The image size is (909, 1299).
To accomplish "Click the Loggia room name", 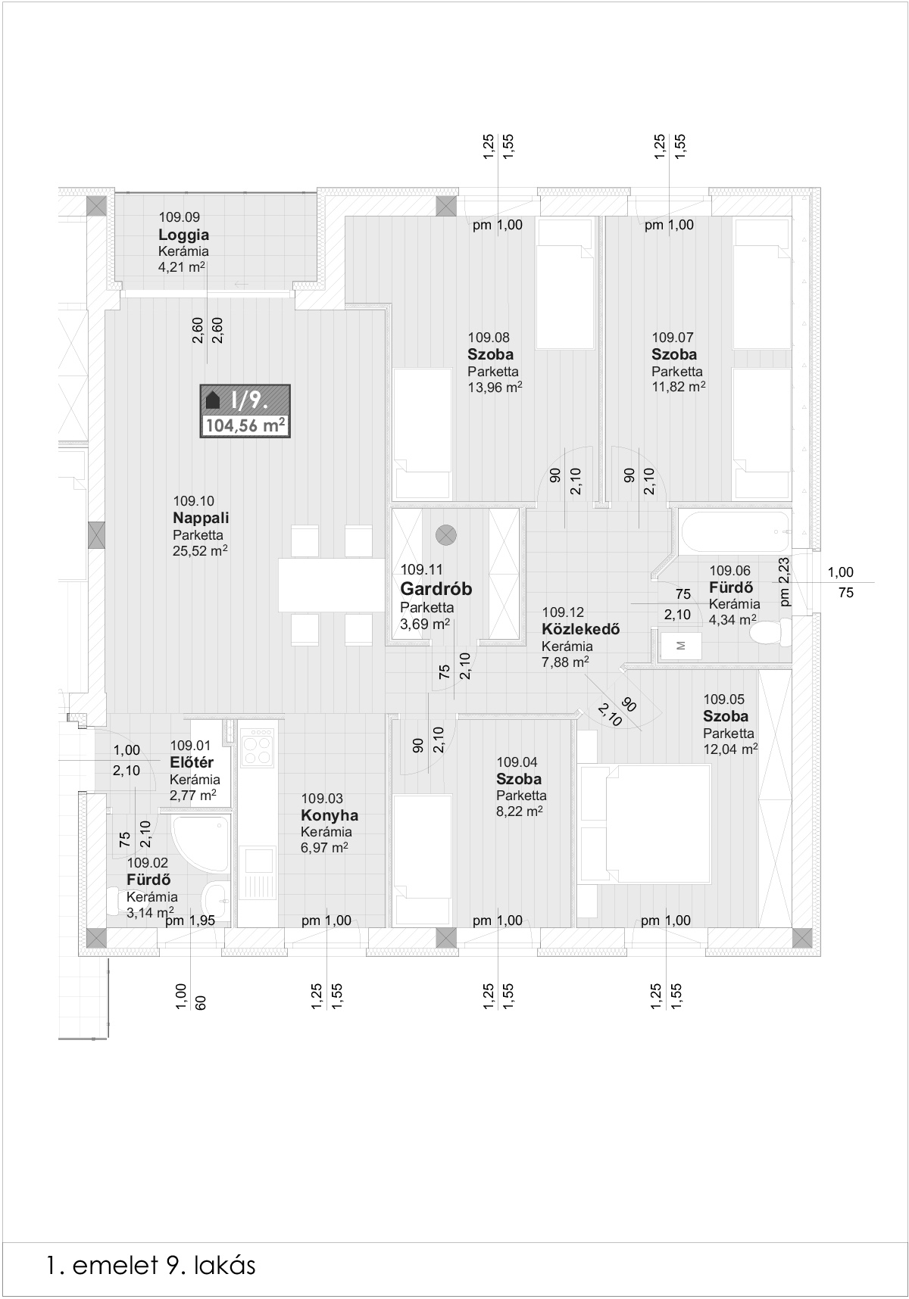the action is (183, 235).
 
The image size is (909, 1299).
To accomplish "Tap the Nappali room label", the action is (201, 519).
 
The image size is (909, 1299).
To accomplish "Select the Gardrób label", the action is (436, 589).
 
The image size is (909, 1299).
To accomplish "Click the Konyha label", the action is (330, 815).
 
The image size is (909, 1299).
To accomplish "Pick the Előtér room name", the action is (192, 762).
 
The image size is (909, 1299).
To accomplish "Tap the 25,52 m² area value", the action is (201, 551).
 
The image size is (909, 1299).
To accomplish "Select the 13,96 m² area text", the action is (495, 388).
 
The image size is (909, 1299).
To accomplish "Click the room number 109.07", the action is (673, 338).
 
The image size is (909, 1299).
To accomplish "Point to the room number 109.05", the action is (724, 699).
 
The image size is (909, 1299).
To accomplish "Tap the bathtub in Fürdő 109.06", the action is (736, 532).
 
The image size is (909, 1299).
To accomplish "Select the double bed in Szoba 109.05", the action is (645, 824).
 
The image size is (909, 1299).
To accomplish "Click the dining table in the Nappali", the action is (331, 585).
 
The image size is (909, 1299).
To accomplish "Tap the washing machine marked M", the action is (679, 645).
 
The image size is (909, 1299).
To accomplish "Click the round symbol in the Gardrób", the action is (446, 535).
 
